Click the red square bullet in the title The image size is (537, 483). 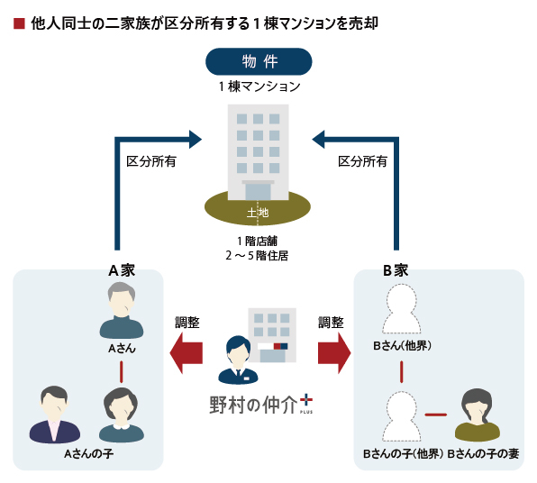pyautogui.click(x=19, y=23)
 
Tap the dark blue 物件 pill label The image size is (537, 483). pyautogui.click(x=259, y=61)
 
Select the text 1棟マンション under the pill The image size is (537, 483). pyautogui.click(x=259, y=87)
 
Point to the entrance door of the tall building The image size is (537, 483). pyautogui.click(x=258, y=191)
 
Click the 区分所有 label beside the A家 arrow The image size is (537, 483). pyautogui.click(x=151, y=161)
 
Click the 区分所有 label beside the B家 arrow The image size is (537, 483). pyautogui.click(x=362, y=161)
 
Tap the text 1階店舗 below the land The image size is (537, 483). pyautogui.click(x=257, y=241)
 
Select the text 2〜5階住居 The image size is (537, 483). pyautogui.click(x=257, y=256)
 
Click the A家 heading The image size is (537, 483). pyautogui.click(x=122, y=270)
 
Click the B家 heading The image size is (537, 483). pyautogui.click(x=396, y=270)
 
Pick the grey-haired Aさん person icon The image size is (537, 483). pyautogui.click(x=122, y=310)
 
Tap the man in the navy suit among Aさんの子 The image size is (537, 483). pyautogui.click(x=55, y=415)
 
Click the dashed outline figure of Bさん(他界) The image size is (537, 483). pyautogui.click(x=401, y=309)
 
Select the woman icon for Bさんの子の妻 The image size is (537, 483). pyautogui.click(x=477, y=415)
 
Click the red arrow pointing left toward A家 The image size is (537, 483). pyautogui.click(x=187, y=353)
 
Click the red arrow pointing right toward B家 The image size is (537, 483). pyautogui.click(x=334, y=353)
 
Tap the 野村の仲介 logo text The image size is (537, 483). pyautogui.click(x=253, y=405)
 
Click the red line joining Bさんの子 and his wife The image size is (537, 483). pyautogui.click(x=435, y=415)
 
